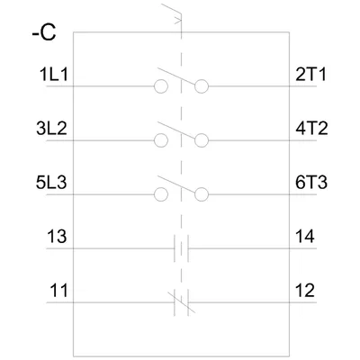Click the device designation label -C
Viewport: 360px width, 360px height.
tap(44, 32)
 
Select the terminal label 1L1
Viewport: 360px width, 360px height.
tap(54, 75)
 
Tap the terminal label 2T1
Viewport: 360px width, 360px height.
tap(310, 75)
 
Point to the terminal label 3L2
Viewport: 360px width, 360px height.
tap(51, 129)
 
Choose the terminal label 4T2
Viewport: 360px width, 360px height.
tap(311, 129)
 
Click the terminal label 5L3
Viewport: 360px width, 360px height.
tap(51, 183)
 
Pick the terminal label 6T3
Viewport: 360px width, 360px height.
tap(311, 183)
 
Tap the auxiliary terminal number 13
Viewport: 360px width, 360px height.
tap(57, 237)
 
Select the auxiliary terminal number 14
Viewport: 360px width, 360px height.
tap(305, 237)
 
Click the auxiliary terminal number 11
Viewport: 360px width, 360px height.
tap(58, 291)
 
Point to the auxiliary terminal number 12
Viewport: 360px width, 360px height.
tap(305, 291)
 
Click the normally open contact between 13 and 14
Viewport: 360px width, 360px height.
tap(181, 248)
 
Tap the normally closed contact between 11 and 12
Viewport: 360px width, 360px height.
tap(181, 302)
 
